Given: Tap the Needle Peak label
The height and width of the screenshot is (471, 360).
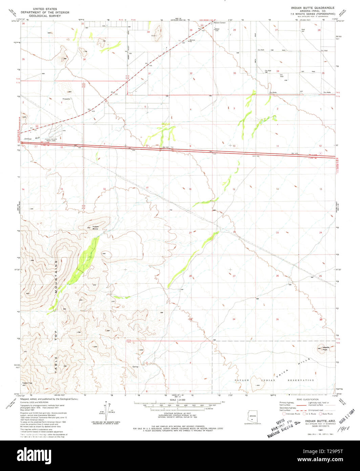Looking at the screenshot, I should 326,348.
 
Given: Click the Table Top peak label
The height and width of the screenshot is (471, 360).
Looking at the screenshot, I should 27,383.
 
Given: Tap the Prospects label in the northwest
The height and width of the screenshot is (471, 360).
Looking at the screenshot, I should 66,99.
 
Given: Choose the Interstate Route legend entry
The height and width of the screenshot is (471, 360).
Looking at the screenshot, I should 291,414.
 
